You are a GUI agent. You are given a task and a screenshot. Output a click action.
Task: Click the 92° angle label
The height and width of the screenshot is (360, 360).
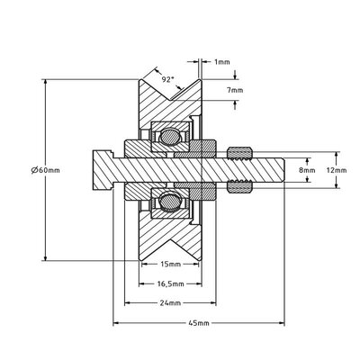pyautogui.click(x=166, y=78)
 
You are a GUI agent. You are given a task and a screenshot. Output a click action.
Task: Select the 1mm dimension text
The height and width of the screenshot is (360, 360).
pyautogui.click(x=221, y=62)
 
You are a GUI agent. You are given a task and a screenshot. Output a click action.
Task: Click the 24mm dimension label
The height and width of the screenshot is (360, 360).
pyautogui.click(x=169, y=303)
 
